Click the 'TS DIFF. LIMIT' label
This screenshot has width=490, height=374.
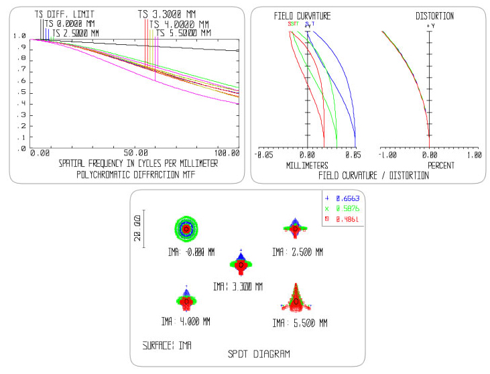65,13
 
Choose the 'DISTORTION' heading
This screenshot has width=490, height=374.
434,15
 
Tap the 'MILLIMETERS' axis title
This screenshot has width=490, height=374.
306,165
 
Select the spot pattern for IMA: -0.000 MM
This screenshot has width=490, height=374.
186,228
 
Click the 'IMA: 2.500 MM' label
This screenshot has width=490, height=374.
297,252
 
